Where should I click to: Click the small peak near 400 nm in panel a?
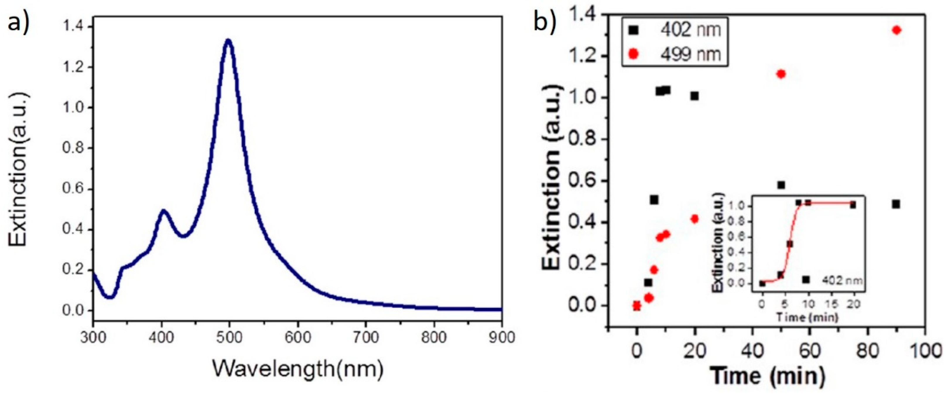click(x=163, y=211)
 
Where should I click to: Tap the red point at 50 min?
click(x=781, y=74)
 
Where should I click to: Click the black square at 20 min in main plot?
click(x=694, y=96)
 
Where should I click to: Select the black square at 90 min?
click(x=896, y=204)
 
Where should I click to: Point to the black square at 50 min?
click(x=781, y=185)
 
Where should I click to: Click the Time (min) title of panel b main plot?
click(x=767, y=376)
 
